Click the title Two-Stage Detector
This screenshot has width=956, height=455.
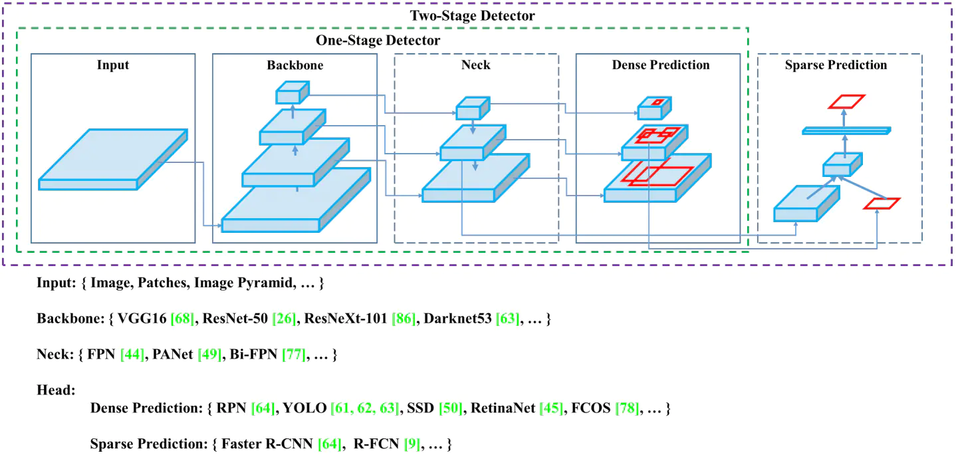(x=472, y=15)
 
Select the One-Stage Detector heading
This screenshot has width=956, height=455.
(x=378, y=41)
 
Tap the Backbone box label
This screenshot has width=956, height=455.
(x=295, y=65)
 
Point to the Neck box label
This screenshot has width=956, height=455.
(x=475, y=65)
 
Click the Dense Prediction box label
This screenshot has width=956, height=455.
(x=660, y=65)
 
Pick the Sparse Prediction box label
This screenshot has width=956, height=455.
(x=836, y=65)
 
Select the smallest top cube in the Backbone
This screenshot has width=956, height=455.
(x=293, y=93)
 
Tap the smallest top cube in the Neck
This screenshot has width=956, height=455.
(x=473, y=108)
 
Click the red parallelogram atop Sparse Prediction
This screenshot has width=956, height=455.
(x=846, y=101)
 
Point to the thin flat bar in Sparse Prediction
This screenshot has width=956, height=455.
(x=846, y=130)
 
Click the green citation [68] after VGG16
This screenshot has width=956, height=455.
(x=182, y=319)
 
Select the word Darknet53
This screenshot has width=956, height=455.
(x=457, y=319)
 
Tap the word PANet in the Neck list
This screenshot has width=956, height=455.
(x=175, y=355)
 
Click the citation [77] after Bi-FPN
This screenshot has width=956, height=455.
(x=293, y=355)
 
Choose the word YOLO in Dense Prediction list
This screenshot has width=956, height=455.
(x=305, y=408)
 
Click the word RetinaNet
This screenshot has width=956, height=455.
(x=503, y=408)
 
